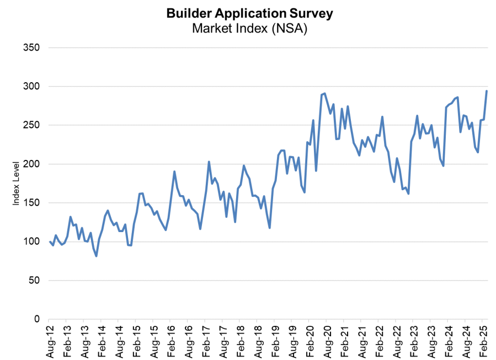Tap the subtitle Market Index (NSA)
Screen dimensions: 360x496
[x=249, y=28]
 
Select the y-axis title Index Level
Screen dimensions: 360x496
[x=16, y=183]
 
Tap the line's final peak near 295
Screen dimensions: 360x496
[x=487, y=91]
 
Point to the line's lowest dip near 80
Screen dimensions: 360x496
[x=97, y=256]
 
